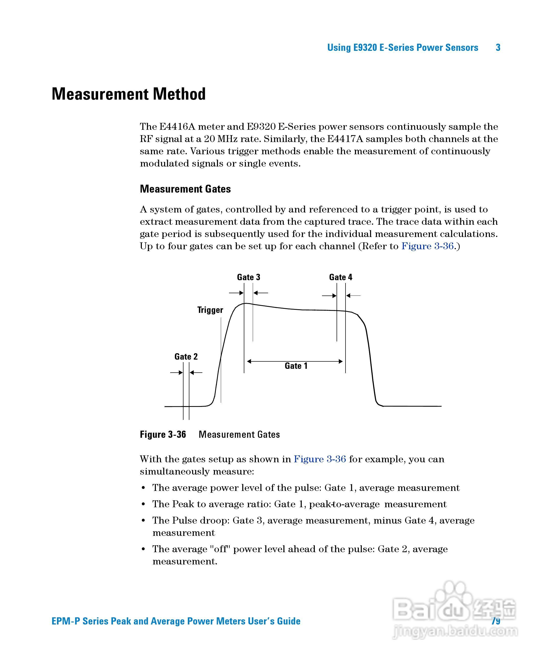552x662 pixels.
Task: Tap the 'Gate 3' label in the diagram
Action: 249,277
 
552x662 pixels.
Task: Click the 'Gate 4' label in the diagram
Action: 341,277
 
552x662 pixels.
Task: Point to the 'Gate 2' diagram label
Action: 186,357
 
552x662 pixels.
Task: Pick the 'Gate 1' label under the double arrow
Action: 296,366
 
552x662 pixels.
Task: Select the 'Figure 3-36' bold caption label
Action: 163,434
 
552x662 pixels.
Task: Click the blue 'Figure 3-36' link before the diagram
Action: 427,246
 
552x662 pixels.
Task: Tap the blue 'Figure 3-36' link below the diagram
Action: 320,459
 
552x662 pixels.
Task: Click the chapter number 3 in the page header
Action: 498,48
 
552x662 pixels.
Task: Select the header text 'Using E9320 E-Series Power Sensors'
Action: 402,48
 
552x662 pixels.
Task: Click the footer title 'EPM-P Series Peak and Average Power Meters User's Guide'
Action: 176,621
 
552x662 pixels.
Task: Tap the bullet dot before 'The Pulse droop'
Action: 144,521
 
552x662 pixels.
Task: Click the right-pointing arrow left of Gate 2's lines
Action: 176,373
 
